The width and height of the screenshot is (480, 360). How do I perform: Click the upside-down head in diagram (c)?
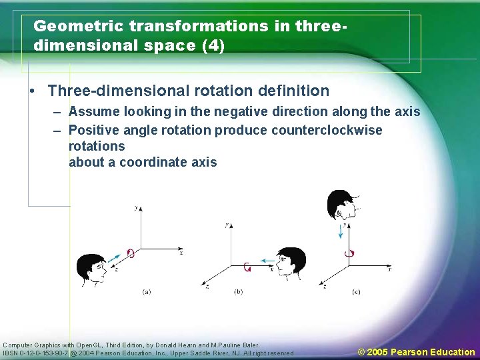tap(341, 205)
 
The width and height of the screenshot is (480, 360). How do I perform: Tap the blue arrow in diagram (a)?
tap(115, 257)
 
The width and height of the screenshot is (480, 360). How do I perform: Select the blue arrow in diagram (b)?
tap(267, 261)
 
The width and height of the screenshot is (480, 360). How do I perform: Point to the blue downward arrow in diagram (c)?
tap(341, 231)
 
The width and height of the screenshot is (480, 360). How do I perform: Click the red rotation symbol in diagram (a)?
tap(131, 253)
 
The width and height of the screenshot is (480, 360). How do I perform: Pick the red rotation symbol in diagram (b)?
tap(247, 267)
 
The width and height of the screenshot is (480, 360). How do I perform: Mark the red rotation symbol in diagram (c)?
tap(348, 253)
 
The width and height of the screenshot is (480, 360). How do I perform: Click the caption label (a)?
tap(147, 292)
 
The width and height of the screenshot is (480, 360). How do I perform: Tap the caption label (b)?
tap(239, 292)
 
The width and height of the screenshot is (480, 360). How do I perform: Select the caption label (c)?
tap(356, 292)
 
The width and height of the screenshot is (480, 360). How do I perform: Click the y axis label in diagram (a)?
tap(135, 209)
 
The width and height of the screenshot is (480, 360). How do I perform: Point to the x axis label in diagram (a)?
tap(181, 253)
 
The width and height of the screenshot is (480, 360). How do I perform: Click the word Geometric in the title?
tap(78, 26)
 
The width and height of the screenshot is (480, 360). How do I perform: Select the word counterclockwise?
tap(327, 130)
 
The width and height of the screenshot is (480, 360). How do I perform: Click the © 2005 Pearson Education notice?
tap(417, 352)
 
